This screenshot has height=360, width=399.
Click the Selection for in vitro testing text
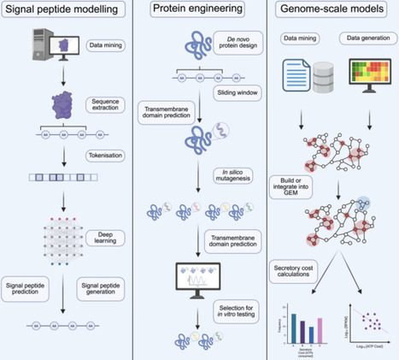pyautogui.click(x=232, y=309)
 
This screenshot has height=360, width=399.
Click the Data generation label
pyautogui.click(x=363, y=38)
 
